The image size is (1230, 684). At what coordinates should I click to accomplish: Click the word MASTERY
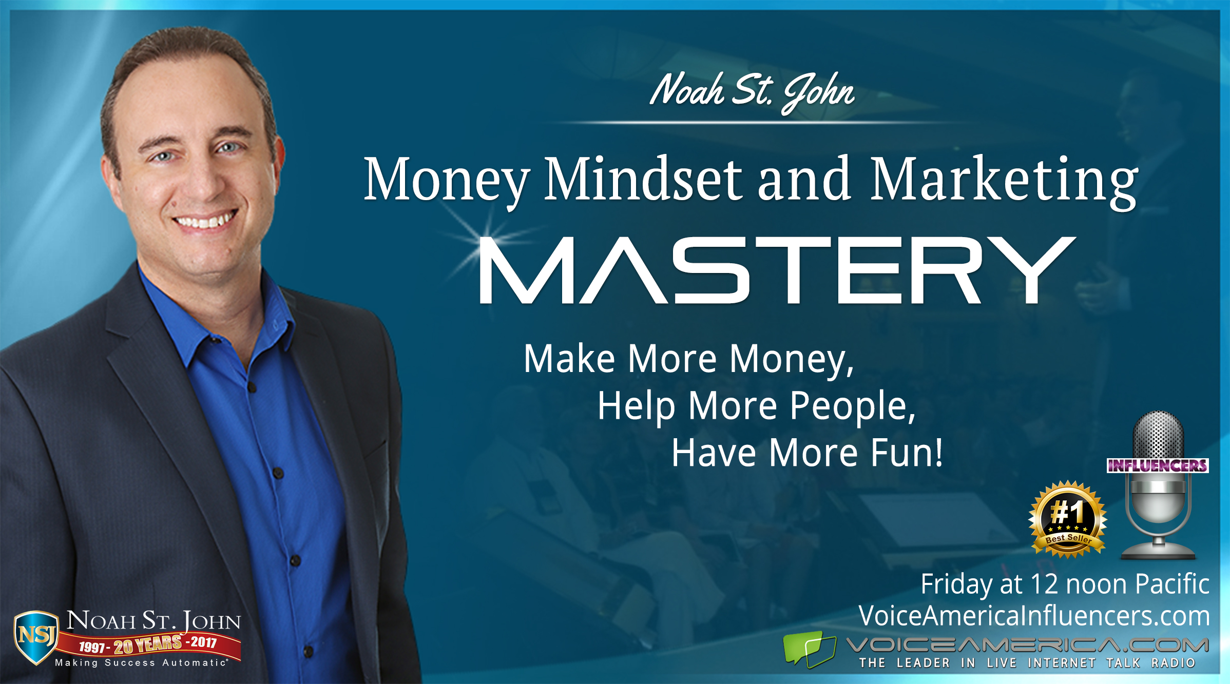point(777,270)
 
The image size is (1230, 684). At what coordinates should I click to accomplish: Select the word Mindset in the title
point(643,179)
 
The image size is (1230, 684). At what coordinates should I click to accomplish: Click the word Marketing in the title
point(1004,183)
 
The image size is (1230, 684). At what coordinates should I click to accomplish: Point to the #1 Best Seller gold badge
point(1068,519)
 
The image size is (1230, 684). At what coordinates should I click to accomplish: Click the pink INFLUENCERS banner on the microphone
point(1157,465)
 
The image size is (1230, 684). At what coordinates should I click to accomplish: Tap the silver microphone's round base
point(1158,552)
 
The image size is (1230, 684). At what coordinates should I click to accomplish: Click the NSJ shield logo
point(36,637)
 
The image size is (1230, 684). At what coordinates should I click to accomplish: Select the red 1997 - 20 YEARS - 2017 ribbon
point(148,644)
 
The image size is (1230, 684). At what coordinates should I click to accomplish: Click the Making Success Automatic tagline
point(141,663)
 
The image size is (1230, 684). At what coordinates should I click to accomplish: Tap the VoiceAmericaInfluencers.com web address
point(1034,616)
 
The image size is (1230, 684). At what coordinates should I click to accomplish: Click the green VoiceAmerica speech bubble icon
point(810,650)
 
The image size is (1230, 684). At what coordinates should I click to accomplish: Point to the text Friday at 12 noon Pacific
point(1065,584)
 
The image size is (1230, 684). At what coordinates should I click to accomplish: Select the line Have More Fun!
point(808,453)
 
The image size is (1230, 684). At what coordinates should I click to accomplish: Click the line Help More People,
point(757,406)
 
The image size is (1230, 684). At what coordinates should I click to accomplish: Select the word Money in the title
point(447,181)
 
